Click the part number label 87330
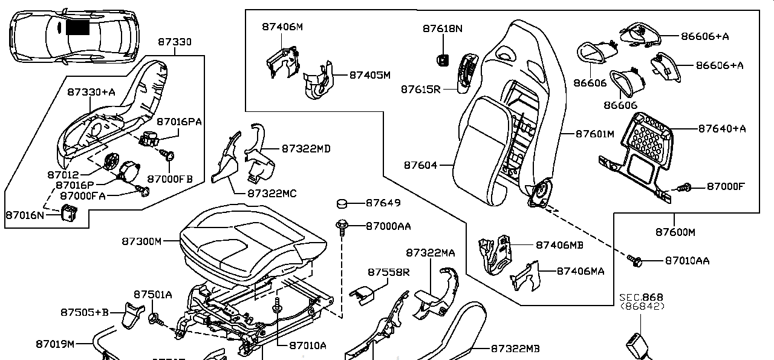[x=175, y=42]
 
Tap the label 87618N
[x=442, y=28]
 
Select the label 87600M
[x=675, y=232]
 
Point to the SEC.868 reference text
[x=641, y=297]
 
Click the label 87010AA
[x=687, y=261]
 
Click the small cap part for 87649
[x=342, y=203]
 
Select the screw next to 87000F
[x=684, y=188]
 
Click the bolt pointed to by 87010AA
[x=635, y=260]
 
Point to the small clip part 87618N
[x=443, y=59]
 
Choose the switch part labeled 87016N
[x=68, y=213]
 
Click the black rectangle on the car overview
[x=77, y=27]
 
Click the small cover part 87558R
[x=362, y=295]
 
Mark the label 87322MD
[x=305, y=148]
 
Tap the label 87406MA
[x=580, y=272]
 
